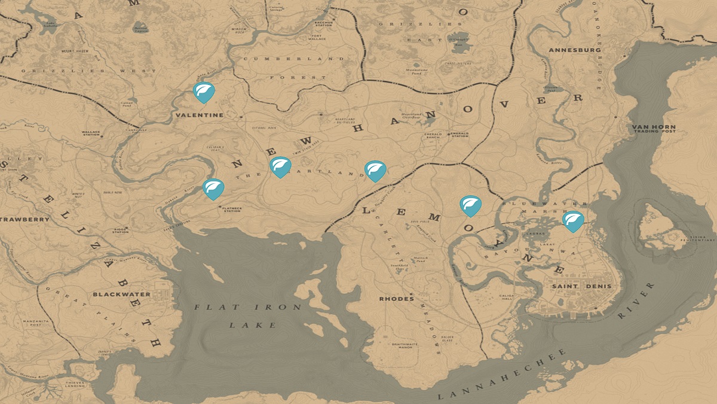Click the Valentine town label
199,114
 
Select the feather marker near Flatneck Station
213,189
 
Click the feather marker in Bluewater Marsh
470,205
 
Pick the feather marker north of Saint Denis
573,221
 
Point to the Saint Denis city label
574,287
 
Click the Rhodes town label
396,299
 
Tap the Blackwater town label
117,294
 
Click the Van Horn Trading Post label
654,129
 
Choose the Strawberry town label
25,220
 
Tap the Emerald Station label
459,135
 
